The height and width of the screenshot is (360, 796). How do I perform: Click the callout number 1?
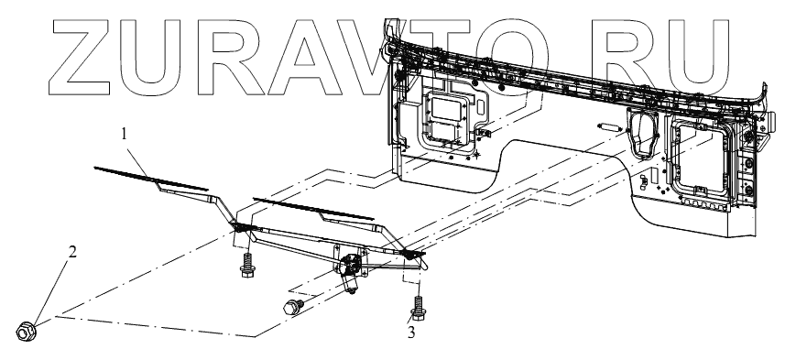[124, 134]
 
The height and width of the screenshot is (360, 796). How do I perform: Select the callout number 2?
[72, 252]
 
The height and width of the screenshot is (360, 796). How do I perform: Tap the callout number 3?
[411, 333]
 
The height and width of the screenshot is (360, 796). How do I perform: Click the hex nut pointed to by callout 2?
[25, 332]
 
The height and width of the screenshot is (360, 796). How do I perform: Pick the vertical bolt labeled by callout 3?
[419, 309]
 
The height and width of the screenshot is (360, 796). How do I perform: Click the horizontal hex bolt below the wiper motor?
[293, 307]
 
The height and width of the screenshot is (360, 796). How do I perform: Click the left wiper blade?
[151, 179]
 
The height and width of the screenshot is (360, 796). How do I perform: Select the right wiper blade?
[314, 209]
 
